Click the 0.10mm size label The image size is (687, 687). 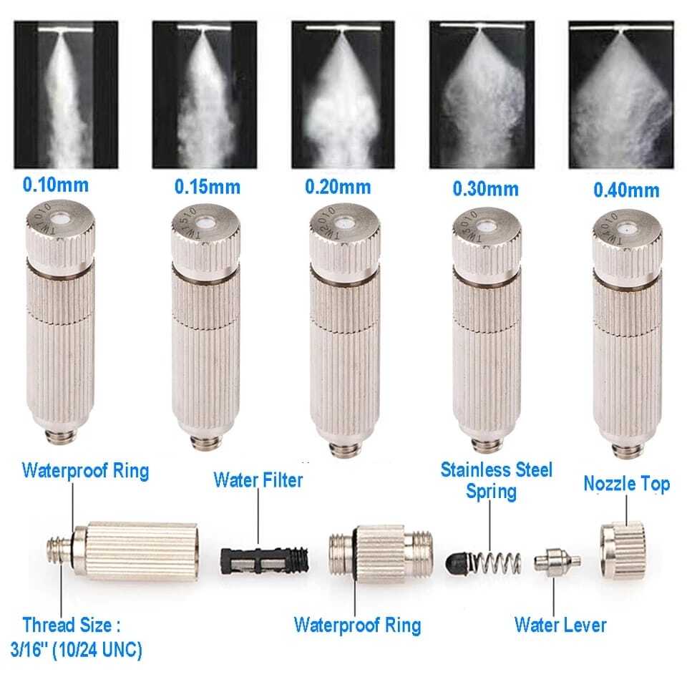tap(56, 185)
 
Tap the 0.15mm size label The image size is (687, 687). tap(207, 188)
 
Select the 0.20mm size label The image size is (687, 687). tap(338, 187)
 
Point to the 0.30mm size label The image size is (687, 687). tap(485, 190)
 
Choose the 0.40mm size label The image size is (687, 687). tap(626, 191)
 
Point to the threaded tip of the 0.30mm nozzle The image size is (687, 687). tap(486, 449)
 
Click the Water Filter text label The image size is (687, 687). tap(258, 480)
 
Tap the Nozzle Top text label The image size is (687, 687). tap(626, 484)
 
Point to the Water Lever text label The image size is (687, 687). tap(560, 624)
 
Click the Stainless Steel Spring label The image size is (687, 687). tap(496, 480)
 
